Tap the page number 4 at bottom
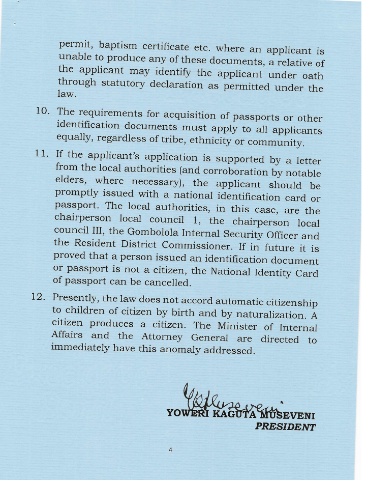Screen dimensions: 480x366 pyautogui.click(x=170, y=450)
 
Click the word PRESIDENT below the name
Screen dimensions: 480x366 pyautogui.click(x=285, y=427)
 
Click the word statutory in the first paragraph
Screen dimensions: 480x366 pyautogui.click(x=120, y=82)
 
